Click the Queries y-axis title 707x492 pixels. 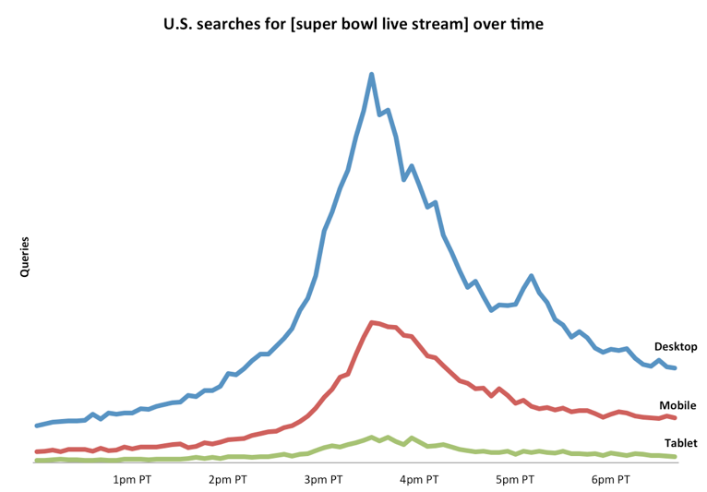pyautogui.click(x=25, y=258)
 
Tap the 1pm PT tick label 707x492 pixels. pyautogui.click(x=132, y=480)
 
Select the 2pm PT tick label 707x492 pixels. pyautogui.click(x=228, y=480)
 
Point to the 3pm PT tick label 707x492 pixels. pyautogui.click(x=323, y=480)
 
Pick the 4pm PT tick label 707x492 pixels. pyautogui.click(x=419, y=480)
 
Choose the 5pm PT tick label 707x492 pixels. pyautogui.click(x=515, y=480)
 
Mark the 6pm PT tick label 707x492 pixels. pyautogui.click(x=611, y=480)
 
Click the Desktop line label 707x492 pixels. pyautogui.click(x=676, y=347)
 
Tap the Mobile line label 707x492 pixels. pyautogui.click(x=677, y=405)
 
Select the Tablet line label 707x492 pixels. pyautogui.click(x=680, y=443)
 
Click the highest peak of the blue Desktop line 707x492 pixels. pyautogui.click(x=372, y=75)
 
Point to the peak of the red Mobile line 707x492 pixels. pyautogui.click(x=371, y=322)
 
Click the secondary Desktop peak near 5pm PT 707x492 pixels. pyautogui.click(x=532, y=275)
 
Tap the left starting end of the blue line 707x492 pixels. pyautogui.click(x=36, y=426)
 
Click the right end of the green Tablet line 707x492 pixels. pyautogui.click(x=677, y=457)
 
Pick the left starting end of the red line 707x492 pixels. pyautogui.click(x=36, y=451)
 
